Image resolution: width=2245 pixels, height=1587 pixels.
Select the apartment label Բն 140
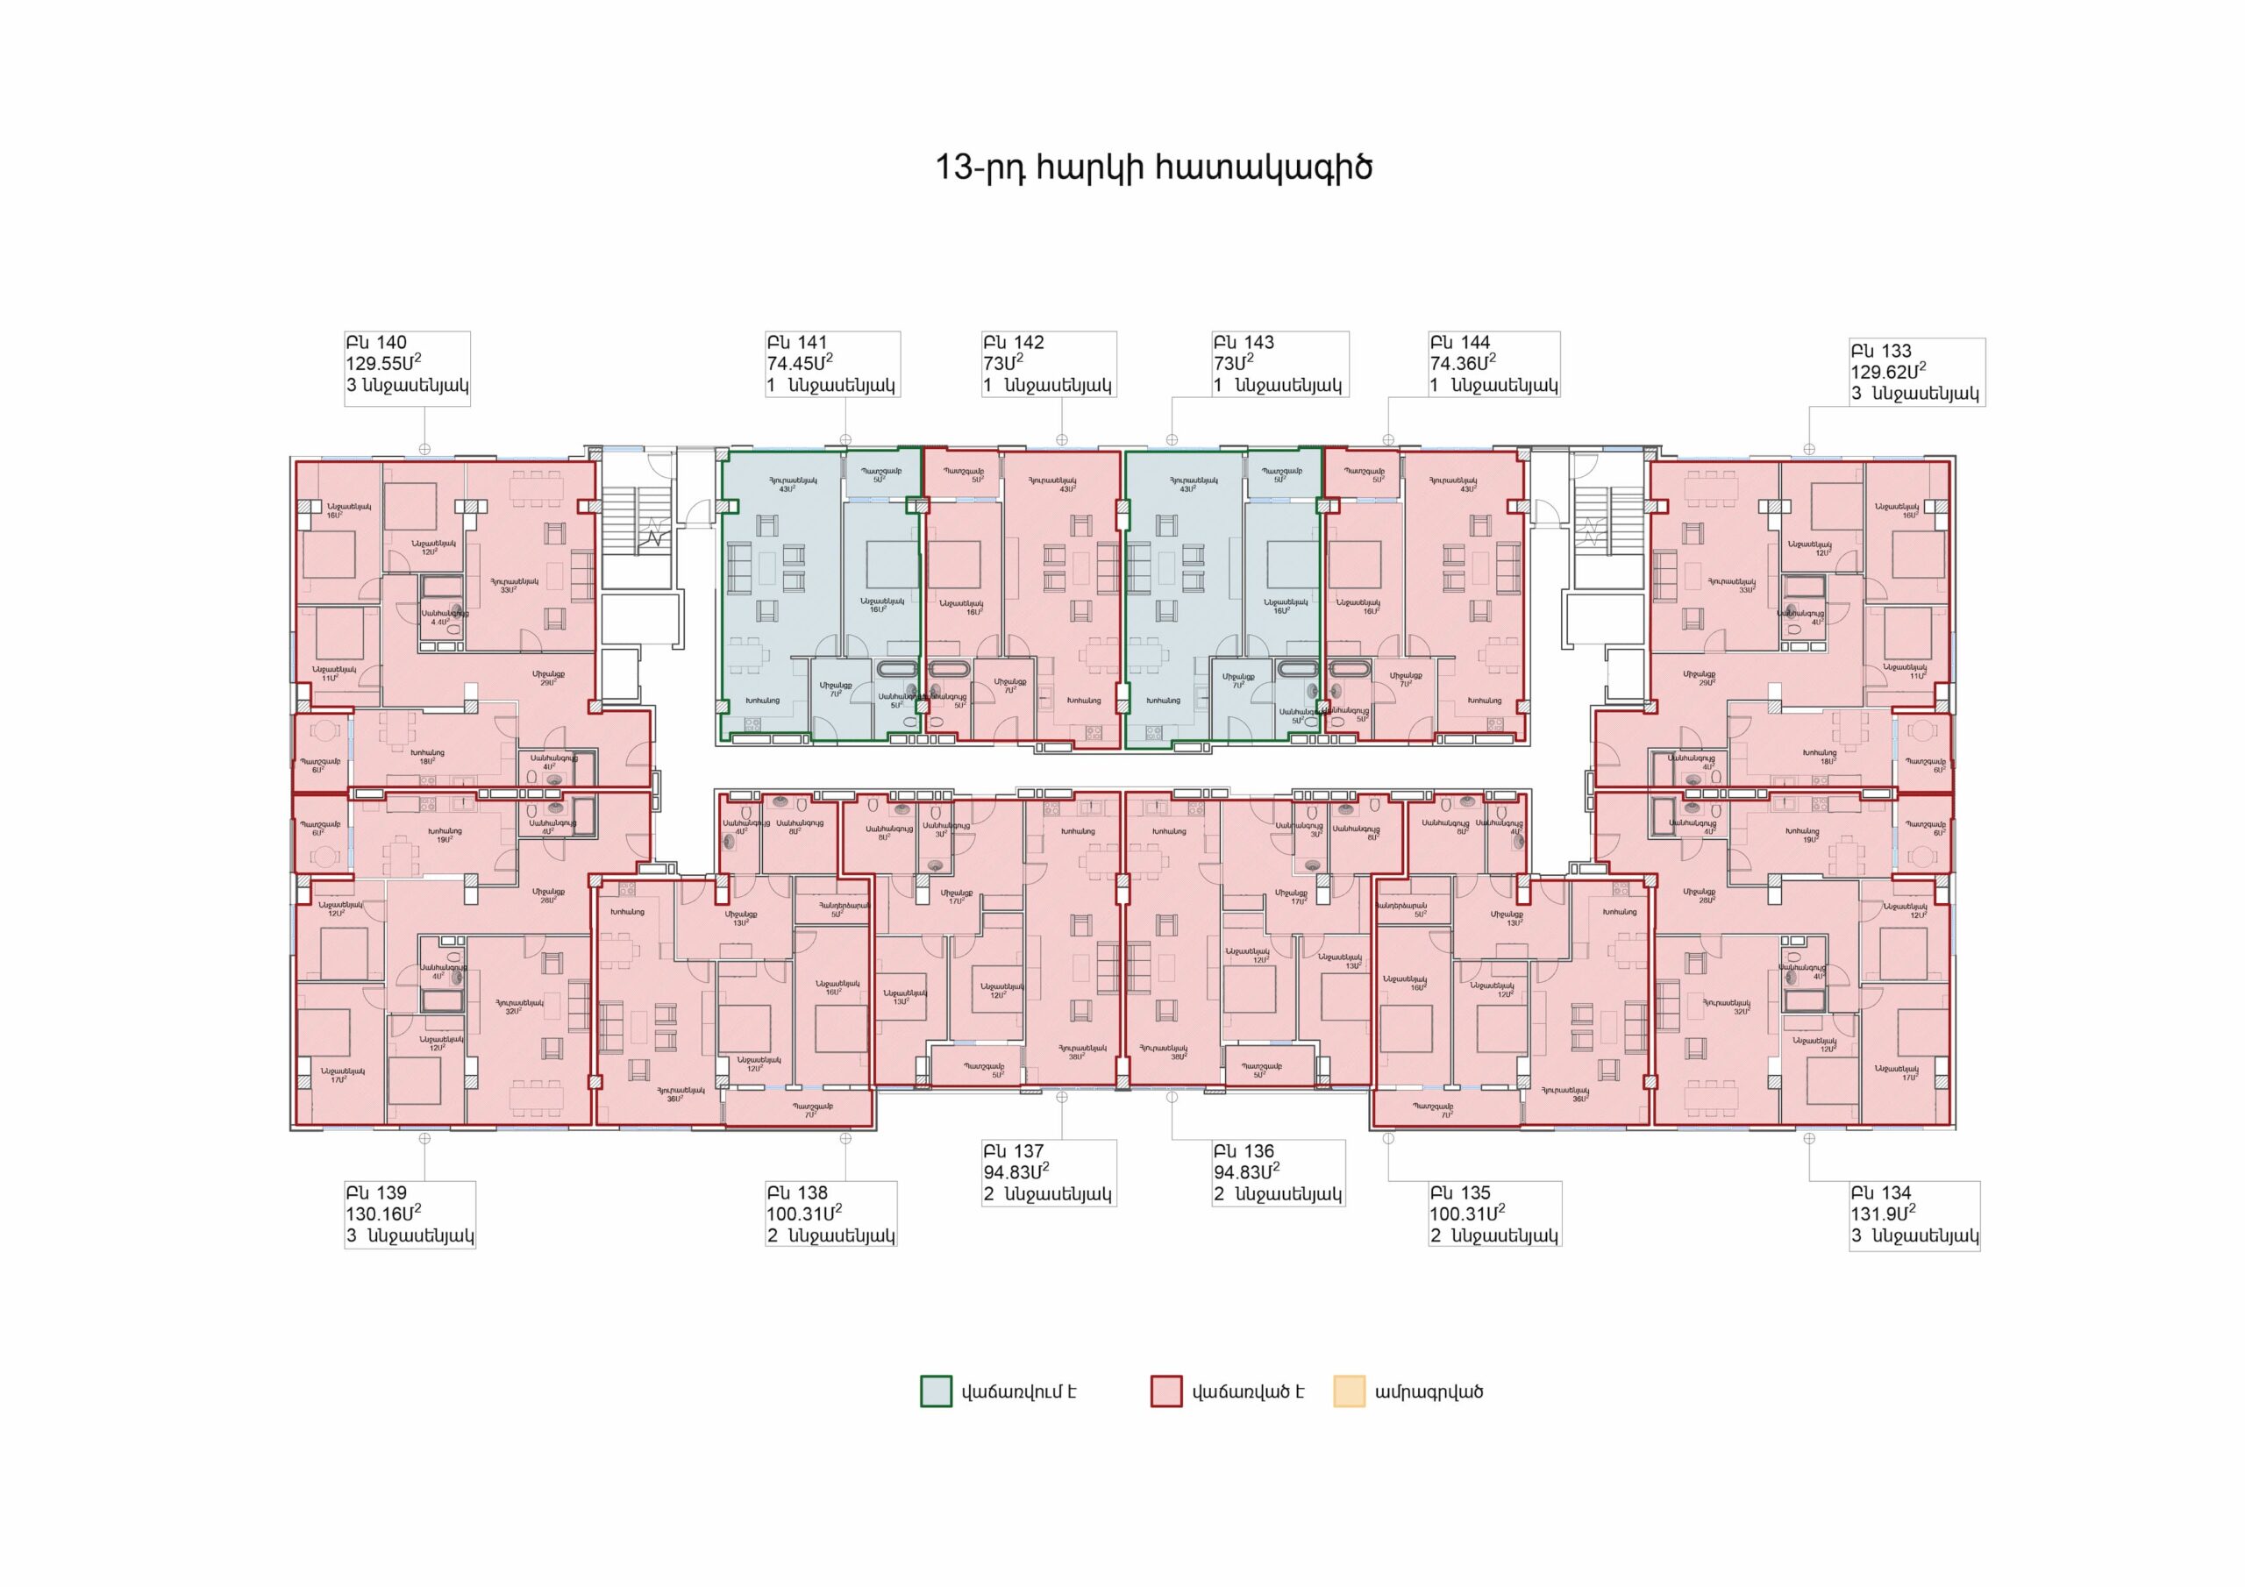pyautogui.click(x=375, y=342)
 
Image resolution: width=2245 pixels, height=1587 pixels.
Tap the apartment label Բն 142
pyautogui.click(x=1013, y=342)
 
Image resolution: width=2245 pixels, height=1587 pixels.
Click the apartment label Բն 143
pyautogui.click(x=1243, y=342)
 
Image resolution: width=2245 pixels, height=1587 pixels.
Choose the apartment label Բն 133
pyautogui.click(x=1880, y=351)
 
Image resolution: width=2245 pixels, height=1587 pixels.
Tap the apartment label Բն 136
pyautogui.click(x=1243, y=1151)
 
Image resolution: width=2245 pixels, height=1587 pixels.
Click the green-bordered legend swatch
pyautogui.click(x=936, y=1391)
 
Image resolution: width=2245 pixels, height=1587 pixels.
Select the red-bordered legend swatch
pyautogui.click(x=1166, y=1391)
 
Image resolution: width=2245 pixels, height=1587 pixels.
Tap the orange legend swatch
pyautogui.click(x=1350, y=1391)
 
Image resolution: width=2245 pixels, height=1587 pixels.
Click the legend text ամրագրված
pyautogui.click(x=1429, y=1391)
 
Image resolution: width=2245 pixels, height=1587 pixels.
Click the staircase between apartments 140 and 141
pyautogui.click(x=637, y=534)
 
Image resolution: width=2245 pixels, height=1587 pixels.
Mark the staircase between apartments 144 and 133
pyautogui.click(x=1600, y=534)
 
